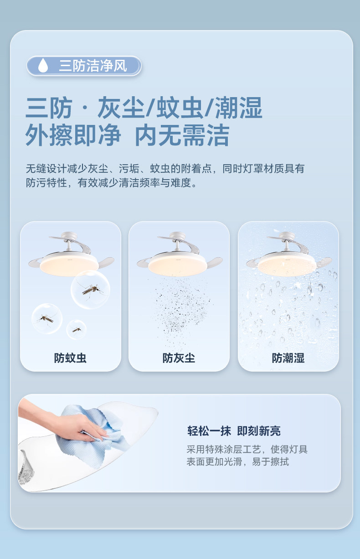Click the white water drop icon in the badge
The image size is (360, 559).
pos(43,65)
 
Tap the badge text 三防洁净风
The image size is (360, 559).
pos(93,66)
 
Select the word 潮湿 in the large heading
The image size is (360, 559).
pos(239,108)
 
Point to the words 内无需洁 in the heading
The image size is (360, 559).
pos(182,135)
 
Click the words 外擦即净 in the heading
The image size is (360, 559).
pos(73,135)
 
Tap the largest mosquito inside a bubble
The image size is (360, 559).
pos(91,290)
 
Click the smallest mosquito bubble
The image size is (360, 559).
pos(77,330)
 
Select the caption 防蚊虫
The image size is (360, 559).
pos(70,358)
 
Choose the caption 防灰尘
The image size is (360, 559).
pos(179,358)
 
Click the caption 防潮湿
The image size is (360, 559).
pos(288,358)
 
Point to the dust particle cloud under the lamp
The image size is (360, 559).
pos(182,311)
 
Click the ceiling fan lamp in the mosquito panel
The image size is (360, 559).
pos(71,254)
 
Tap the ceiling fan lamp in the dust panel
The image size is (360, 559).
pos(180,254)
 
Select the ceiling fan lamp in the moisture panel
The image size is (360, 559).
pos(289,254)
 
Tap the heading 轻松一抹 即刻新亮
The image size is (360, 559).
pos(234,431)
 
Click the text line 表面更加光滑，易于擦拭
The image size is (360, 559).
pos(238,462)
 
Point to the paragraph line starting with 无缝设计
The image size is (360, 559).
pos(165,169)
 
